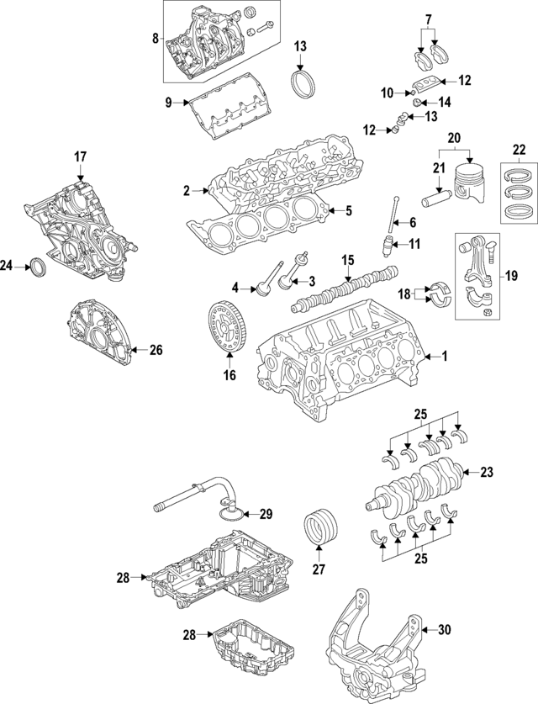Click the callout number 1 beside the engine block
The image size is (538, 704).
tap(446, 357)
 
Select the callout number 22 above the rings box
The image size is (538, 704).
tap(519, 151)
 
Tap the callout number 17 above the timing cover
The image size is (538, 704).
tap(80, 156)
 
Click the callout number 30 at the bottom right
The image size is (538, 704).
tap(446, 629)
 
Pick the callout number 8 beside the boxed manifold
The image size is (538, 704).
tap(155, 39)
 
